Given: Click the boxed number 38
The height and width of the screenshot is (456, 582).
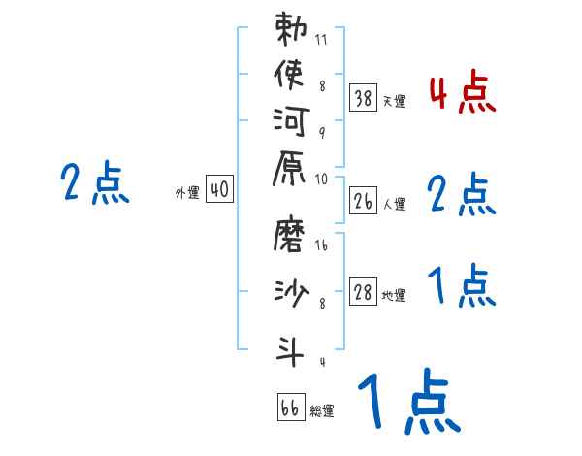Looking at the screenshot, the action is pos(363,97).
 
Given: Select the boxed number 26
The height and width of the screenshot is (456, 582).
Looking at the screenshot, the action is pos(363,202).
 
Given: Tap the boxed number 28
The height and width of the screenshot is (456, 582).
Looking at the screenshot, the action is pos(363,293).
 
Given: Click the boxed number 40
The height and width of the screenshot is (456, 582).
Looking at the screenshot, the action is pos(219,191).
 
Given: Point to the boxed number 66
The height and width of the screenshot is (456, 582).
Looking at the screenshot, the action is pos(290,408).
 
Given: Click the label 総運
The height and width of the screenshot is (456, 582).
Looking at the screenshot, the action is pos(322,411).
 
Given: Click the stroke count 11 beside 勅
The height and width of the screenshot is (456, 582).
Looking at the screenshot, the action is pos(321,42).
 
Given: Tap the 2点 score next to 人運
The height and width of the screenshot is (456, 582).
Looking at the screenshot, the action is pos(462,195).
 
